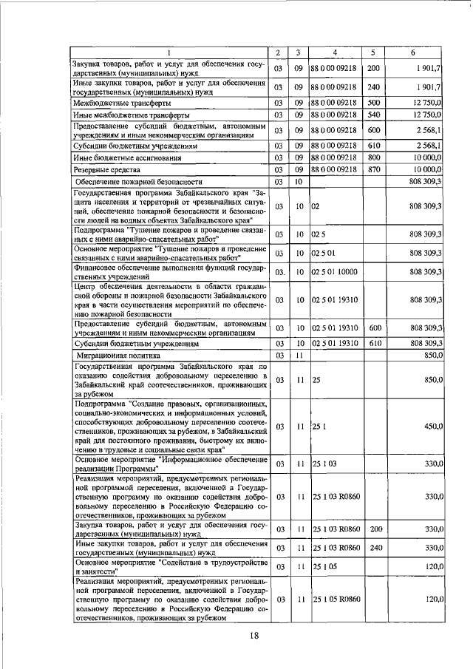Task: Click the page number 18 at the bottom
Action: point(253,638)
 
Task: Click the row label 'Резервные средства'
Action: point(108,170)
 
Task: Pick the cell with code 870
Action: point(374,170)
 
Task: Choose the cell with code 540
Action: point(374,115)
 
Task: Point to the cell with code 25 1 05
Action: point(324,566)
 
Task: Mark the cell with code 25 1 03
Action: point(324,463)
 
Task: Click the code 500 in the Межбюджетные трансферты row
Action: point(374,103)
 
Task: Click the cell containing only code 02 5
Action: point(319,234)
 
